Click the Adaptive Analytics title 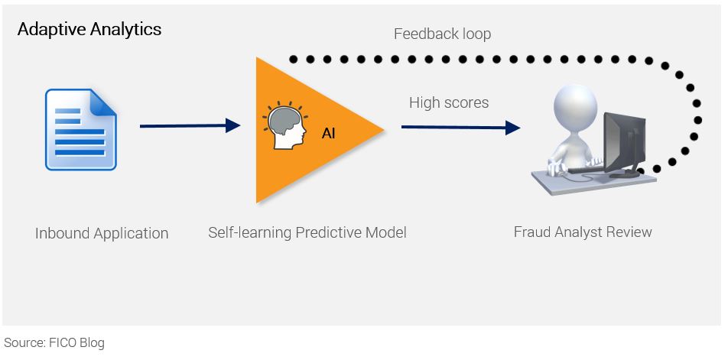tap(89, 30)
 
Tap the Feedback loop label tap(442, 34)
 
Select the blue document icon tap(80, 128)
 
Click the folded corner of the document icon tap(105, 100)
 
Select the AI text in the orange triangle tap(328, 134)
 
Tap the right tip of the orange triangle tap(382, 129)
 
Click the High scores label tap(448, 102)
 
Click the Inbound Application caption tap(102, 233)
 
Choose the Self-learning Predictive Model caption tap(307, 232)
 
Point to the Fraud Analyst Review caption tap(583, 232)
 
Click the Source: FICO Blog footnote tap(54, 342)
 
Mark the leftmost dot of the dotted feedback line tap(291, 59)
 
